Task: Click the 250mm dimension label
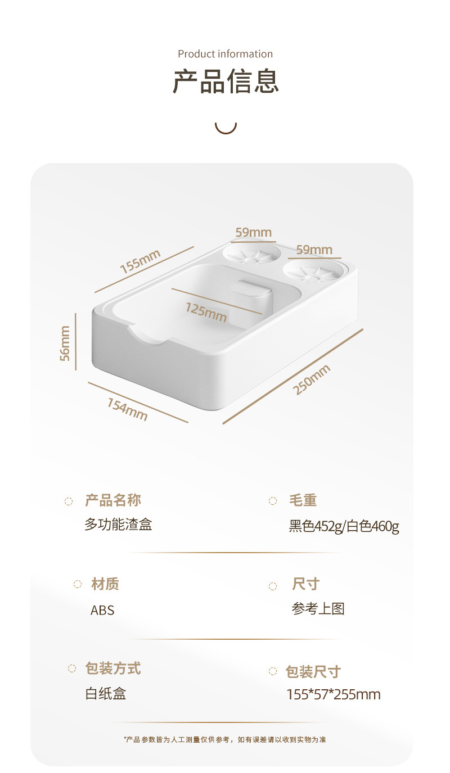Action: (312, 380)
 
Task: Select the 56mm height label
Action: (65, 343)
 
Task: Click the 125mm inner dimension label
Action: (206, 311)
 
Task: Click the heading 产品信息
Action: (226, 82)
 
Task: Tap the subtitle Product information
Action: (226, 54)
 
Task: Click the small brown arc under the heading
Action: (226, 128)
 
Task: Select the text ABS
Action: (102, 610)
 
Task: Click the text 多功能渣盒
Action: (118, 525)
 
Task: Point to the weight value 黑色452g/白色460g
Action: (344, 527)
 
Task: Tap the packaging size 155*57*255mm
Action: (334, 695)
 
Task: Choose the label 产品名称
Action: (113, 500)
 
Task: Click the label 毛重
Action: (303, 500)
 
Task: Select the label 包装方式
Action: (113, 668)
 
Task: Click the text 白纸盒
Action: (106, 693)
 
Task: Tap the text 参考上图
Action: (318, 608)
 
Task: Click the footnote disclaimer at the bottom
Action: (225, 739)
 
